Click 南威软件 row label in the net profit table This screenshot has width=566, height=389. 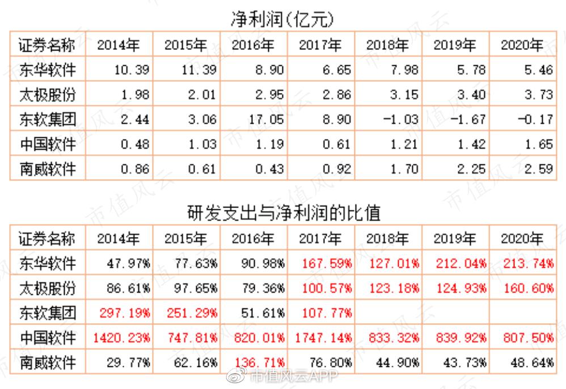tap(47, 168)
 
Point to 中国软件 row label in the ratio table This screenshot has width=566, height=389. tap(47, 337)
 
